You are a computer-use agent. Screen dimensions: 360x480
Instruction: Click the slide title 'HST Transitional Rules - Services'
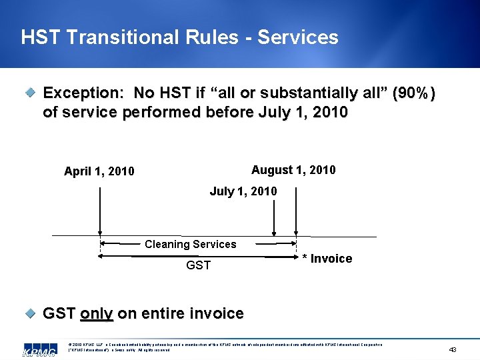tap(179, 37)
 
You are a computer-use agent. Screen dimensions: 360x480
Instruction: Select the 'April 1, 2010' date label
tap(99, 171)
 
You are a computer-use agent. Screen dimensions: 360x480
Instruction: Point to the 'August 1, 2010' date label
tap(293, 170)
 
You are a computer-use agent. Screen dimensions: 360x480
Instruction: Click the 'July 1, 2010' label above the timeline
tap(243, 191)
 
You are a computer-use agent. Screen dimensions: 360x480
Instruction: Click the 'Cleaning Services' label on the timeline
tap(191, 244)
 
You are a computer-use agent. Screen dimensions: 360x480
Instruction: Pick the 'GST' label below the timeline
tap(198, 265)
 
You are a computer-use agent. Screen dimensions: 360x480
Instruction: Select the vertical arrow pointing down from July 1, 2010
tap(273, 217)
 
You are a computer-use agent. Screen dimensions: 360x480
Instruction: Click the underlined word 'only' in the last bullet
tap(97, 313)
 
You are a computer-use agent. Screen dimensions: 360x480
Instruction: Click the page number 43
tap(453, 349)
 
